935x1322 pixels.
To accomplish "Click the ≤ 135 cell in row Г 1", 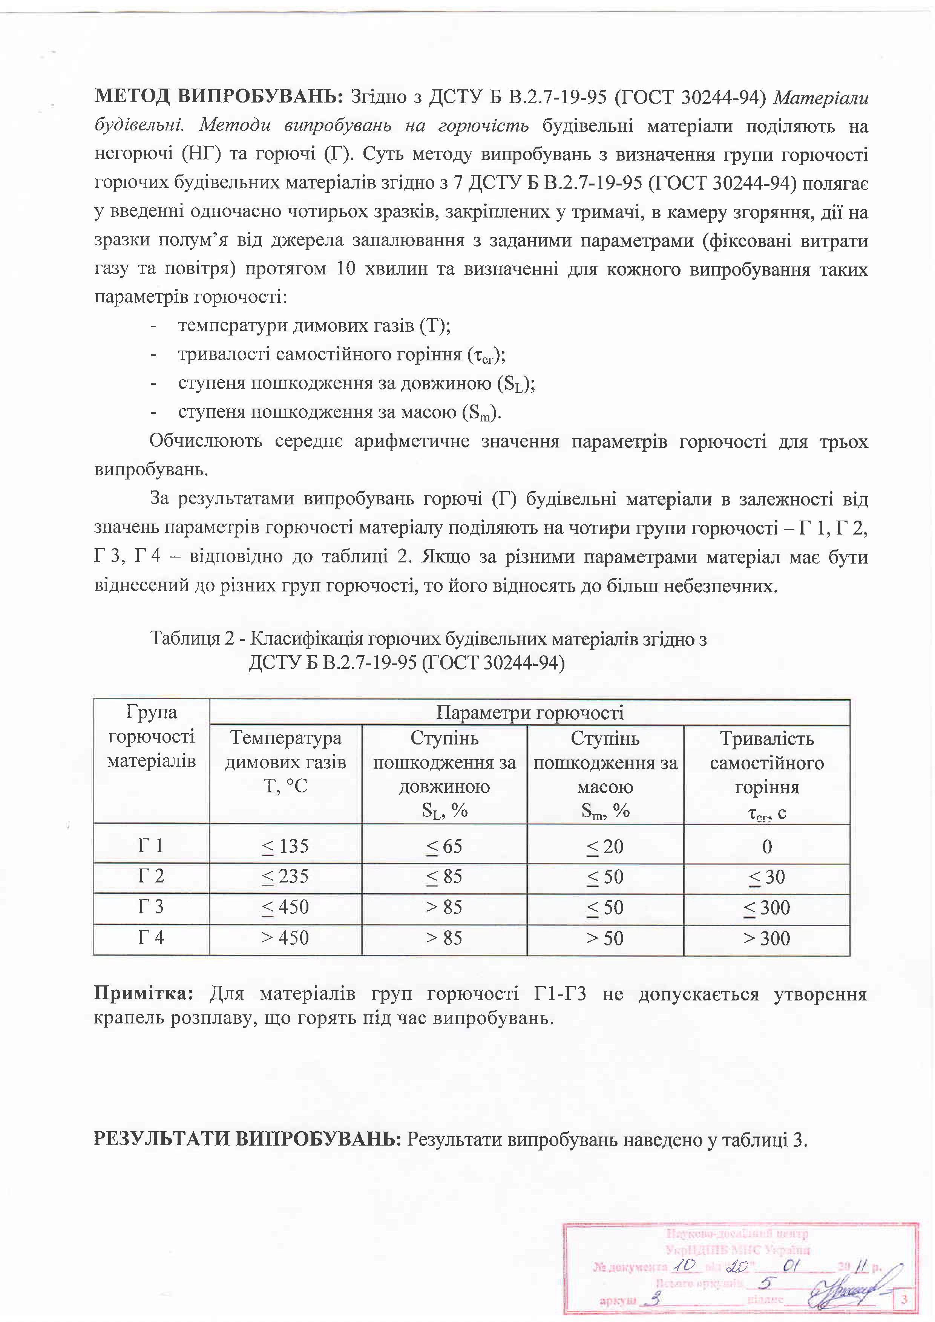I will point(285,846).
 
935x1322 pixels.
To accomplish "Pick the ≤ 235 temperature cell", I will point(285,876).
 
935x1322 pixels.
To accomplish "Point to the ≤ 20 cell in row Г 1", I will point(605,846).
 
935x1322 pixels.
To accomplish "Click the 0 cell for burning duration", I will point(767,846).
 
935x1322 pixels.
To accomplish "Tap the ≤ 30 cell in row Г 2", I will point(767,876).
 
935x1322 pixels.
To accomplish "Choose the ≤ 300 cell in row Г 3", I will point(767,907).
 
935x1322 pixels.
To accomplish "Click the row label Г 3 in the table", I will point(151,907).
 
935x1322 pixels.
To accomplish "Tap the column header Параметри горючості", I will point(530,713).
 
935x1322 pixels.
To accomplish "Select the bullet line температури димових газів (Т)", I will point(314,326).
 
